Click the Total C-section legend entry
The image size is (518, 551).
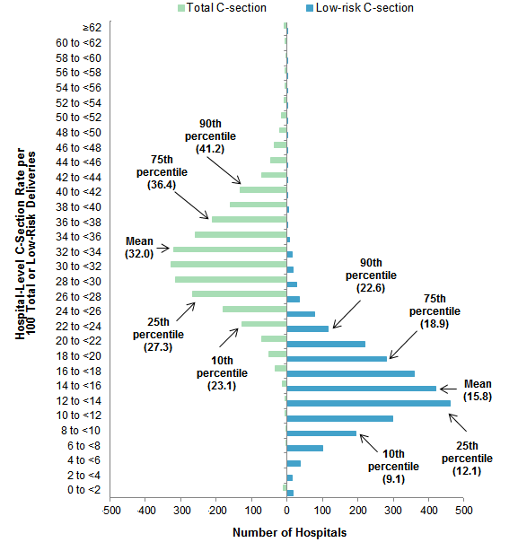(224, 8)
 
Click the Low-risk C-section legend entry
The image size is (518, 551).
(364, 8)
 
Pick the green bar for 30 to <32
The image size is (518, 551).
(228, 264)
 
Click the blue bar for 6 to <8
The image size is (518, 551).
(305, 448)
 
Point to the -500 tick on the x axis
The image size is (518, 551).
(110, 510)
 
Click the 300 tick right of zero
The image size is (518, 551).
(392, 510)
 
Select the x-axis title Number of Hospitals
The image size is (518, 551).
(289, 533)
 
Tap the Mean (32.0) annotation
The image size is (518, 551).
(139, 248)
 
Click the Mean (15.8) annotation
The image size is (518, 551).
(477, 389)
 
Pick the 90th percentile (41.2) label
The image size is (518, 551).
(210, 135)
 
